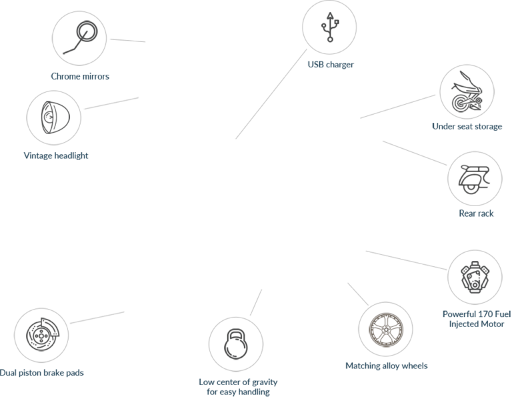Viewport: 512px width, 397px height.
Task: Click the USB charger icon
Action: tap(330, 27)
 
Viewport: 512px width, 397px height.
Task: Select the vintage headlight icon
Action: tap(55, 117)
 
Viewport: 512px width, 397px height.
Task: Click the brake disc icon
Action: tap(43, 334)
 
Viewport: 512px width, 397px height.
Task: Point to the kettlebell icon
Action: tap(236, 344)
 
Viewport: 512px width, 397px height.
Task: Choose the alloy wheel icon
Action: tap(385, 330)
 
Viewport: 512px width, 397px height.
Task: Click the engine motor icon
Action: tap(475, 277)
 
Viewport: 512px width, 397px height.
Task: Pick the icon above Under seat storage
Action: tap(467, 92)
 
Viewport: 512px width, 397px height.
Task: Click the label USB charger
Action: tap(331, 64)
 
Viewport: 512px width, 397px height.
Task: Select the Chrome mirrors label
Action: tap(80, 76)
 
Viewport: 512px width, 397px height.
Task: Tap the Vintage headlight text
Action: tap(56, 155)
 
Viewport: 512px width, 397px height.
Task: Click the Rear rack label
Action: tap(476, 214)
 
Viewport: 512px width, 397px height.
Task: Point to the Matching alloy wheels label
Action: tap(386, 366)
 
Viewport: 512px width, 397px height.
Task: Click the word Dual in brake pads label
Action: tap(8, 372)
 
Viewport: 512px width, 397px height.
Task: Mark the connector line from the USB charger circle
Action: tap(271, 94)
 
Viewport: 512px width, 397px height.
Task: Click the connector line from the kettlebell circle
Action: tap(256, 302)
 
